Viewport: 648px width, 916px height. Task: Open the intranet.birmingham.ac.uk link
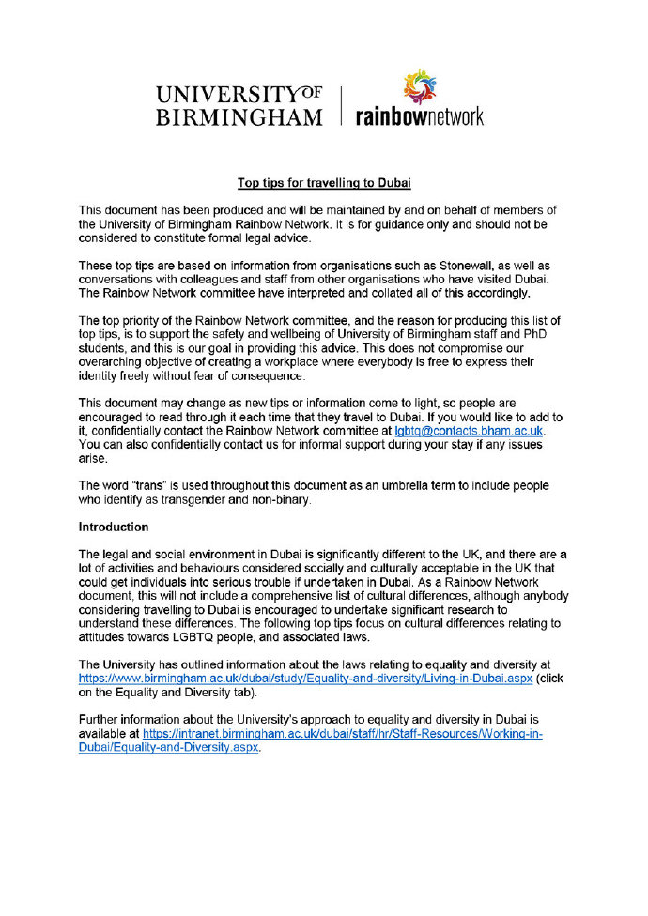click(x=344, y=734)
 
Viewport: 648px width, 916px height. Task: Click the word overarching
click(x=112, y=361)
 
